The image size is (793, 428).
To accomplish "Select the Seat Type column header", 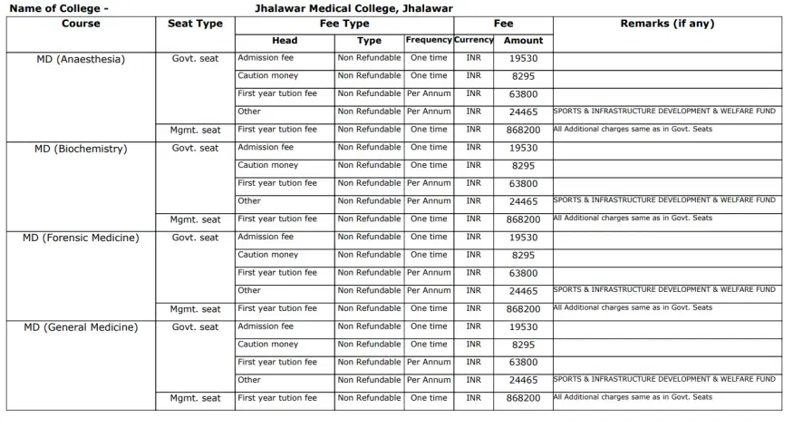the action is click(x=196, y=24).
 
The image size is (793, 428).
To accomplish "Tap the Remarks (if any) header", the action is click(x=667, y=24).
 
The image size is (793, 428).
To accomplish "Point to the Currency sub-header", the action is click(x=474, y=40).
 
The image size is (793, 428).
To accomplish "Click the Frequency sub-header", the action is click(x=429, y=40).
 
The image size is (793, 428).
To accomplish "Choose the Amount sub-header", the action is click(x=523, y=41).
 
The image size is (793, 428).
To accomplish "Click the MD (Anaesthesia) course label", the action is click(x=80, y=59).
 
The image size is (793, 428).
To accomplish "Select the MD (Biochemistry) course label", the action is click(x=81, y=148).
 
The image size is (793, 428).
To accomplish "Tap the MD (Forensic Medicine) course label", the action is click(x=81, y=238).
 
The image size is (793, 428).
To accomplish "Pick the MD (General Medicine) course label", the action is click(x=81, y=327).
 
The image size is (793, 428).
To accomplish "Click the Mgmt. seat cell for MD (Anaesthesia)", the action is click(x=196, y=130).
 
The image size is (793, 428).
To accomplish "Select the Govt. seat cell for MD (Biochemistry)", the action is click(x=196, y=148).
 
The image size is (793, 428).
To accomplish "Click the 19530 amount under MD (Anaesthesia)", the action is click(x=523, y=59).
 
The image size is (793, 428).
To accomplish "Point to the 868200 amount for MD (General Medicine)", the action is click(x=523, y=399).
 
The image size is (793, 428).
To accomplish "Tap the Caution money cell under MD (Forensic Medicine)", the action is click(x=267, y=255).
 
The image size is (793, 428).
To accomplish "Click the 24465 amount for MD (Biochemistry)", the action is click(x=523, y=201).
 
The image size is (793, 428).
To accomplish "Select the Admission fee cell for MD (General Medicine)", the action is click(x=266, y=326).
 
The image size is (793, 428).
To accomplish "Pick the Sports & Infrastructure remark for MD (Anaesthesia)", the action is click(x=664, y=111).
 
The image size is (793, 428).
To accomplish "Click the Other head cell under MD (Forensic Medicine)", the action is click(x=249, y=290).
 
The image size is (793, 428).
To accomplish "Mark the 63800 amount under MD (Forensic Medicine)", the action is click(x=523, y=273).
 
